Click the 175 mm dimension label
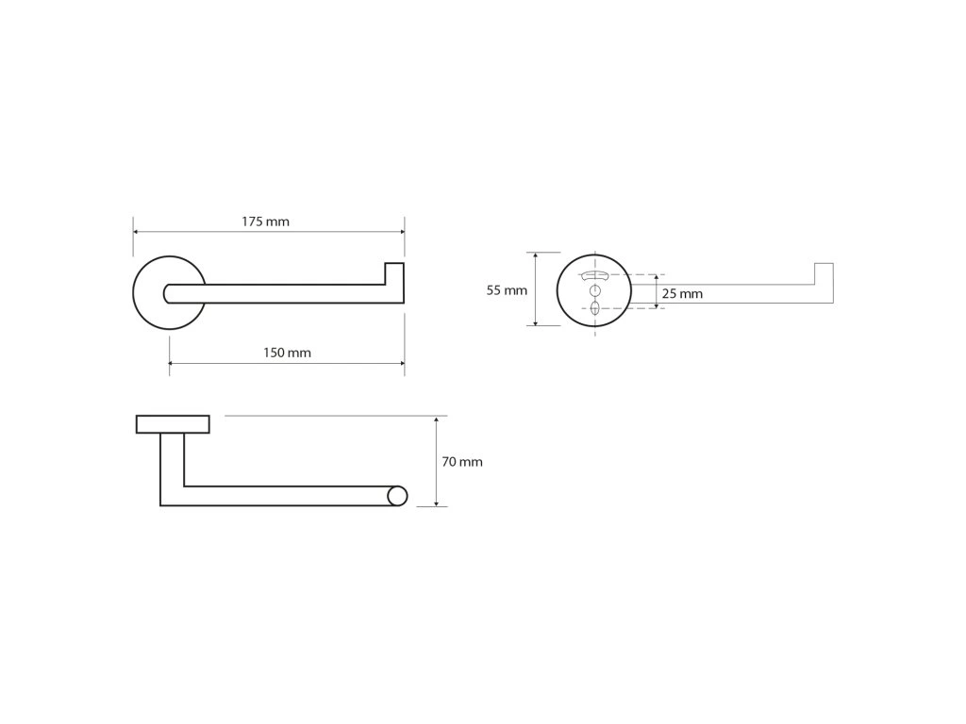point(265,222)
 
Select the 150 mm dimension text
point(287,354)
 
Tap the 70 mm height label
point(462,462)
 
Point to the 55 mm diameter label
point(507,290)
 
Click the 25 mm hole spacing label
point(682,294)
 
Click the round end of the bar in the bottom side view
point(398,496)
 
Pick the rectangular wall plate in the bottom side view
point(173,424)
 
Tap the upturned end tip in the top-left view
point(393,272)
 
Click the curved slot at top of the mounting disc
point(595,275)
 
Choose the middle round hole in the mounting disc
point(595,291)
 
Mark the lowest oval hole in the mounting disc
point(595,307)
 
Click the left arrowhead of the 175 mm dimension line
point(137,232)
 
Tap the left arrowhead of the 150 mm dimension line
point(173,363)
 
